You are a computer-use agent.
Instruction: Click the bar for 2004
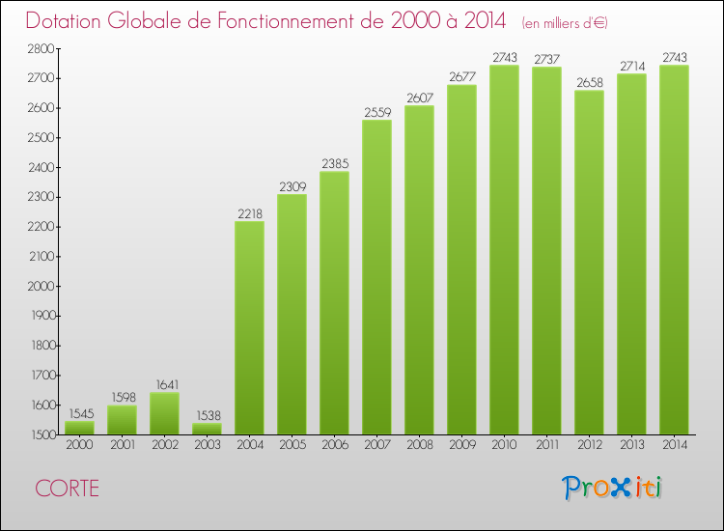(x=249, y=328)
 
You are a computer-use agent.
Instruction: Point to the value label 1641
(x=164, y=385)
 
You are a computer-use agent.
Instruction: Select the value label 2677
(x=461, y=77)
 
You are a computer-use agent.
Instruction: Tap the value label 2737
(x=546, y=60)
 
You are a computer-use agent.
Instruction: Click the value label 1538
(x=207, y=415)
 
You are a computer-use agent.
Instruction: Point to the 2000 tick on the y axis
(x=42, y=287)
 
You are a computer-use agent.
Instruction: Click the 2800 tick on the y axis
(x=42, y=48)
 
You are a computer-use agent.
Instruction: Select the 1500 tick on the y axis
(x=42, y=435)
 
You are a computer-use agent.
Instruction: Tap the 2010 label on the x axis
(x=504, y=446)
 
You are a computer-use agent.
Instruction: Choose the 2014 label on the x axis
(x=674, y=446)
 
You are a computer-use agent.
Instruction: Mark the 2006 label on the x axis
(x=334, y=446)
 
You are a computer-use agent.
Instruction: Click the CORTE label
(x=67, y=488)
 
